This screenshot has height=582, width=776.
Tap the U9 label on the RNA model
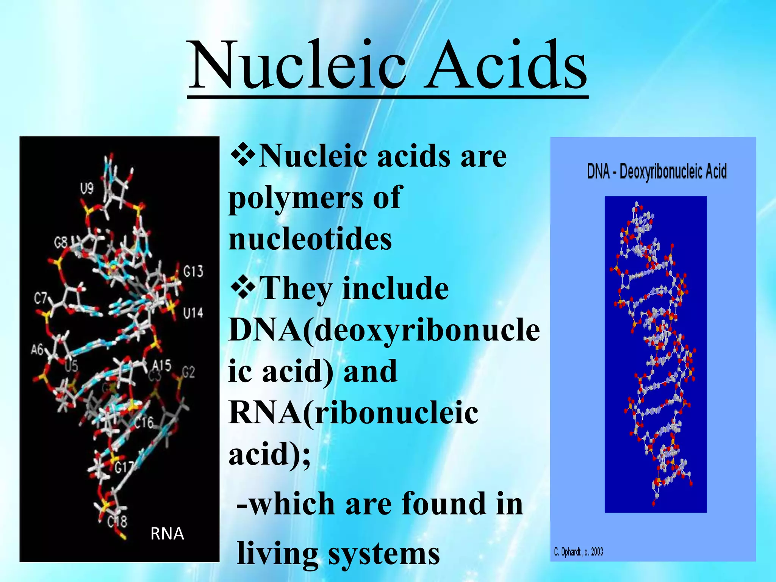[87, 188]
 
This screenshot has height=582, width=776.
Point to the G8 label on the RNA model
[61, 242]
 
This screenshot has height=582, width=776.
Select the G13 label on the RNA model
[193, 271]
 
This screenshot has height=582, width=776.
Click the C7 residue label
[41, 299]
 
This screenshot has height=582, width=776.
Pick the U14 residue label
[193, 313]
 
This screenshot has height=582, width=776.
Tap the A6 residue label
[38, 349]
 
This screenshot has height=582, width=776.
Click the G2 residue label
[188, 372]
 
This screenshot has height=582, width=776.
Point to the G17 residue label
[124, 468]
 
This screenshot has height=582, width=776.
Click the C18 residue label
[117, 522]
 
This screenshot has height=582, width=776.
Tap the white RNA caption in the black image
[167, 534]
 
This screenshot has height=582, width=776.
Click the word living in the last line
[277, 554]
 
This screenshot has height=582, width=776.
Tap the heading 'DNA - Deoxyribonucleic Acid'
[657, 172]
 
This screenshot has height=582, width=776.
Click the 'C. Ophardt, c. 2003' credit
[578, 552]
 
